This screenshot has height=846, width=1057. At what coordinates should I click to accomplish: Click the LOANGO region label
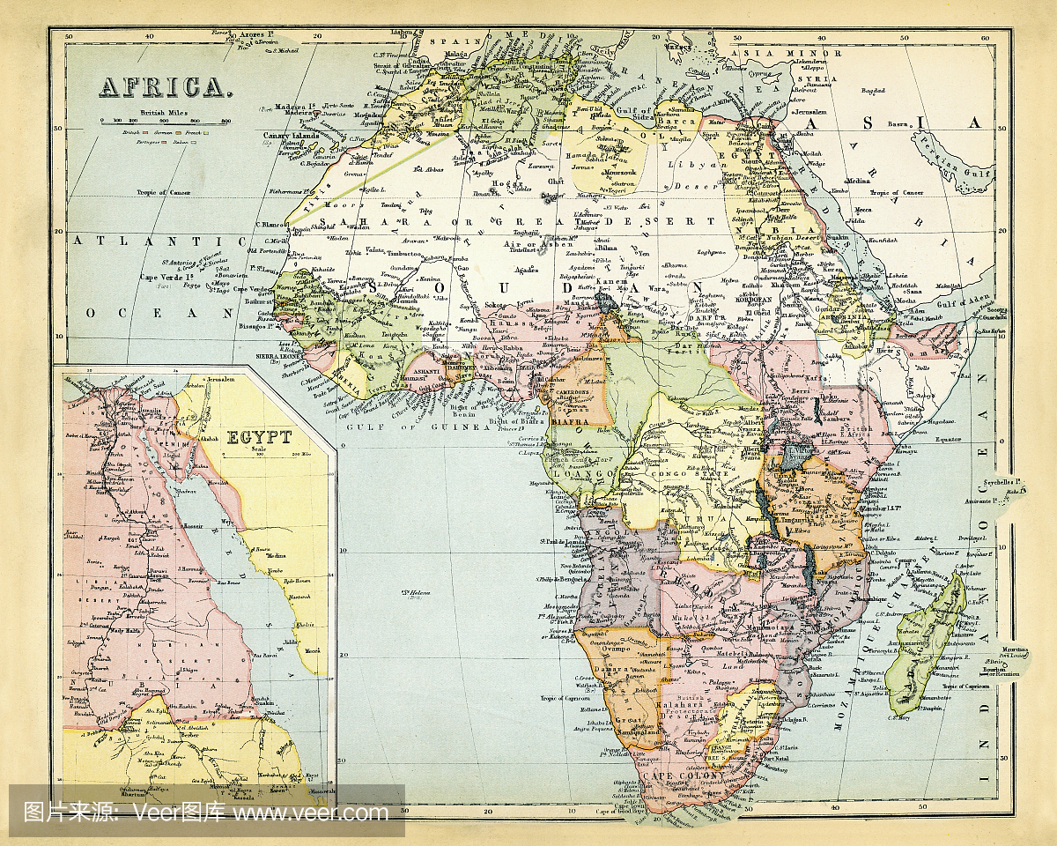[x=582, y=474]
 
